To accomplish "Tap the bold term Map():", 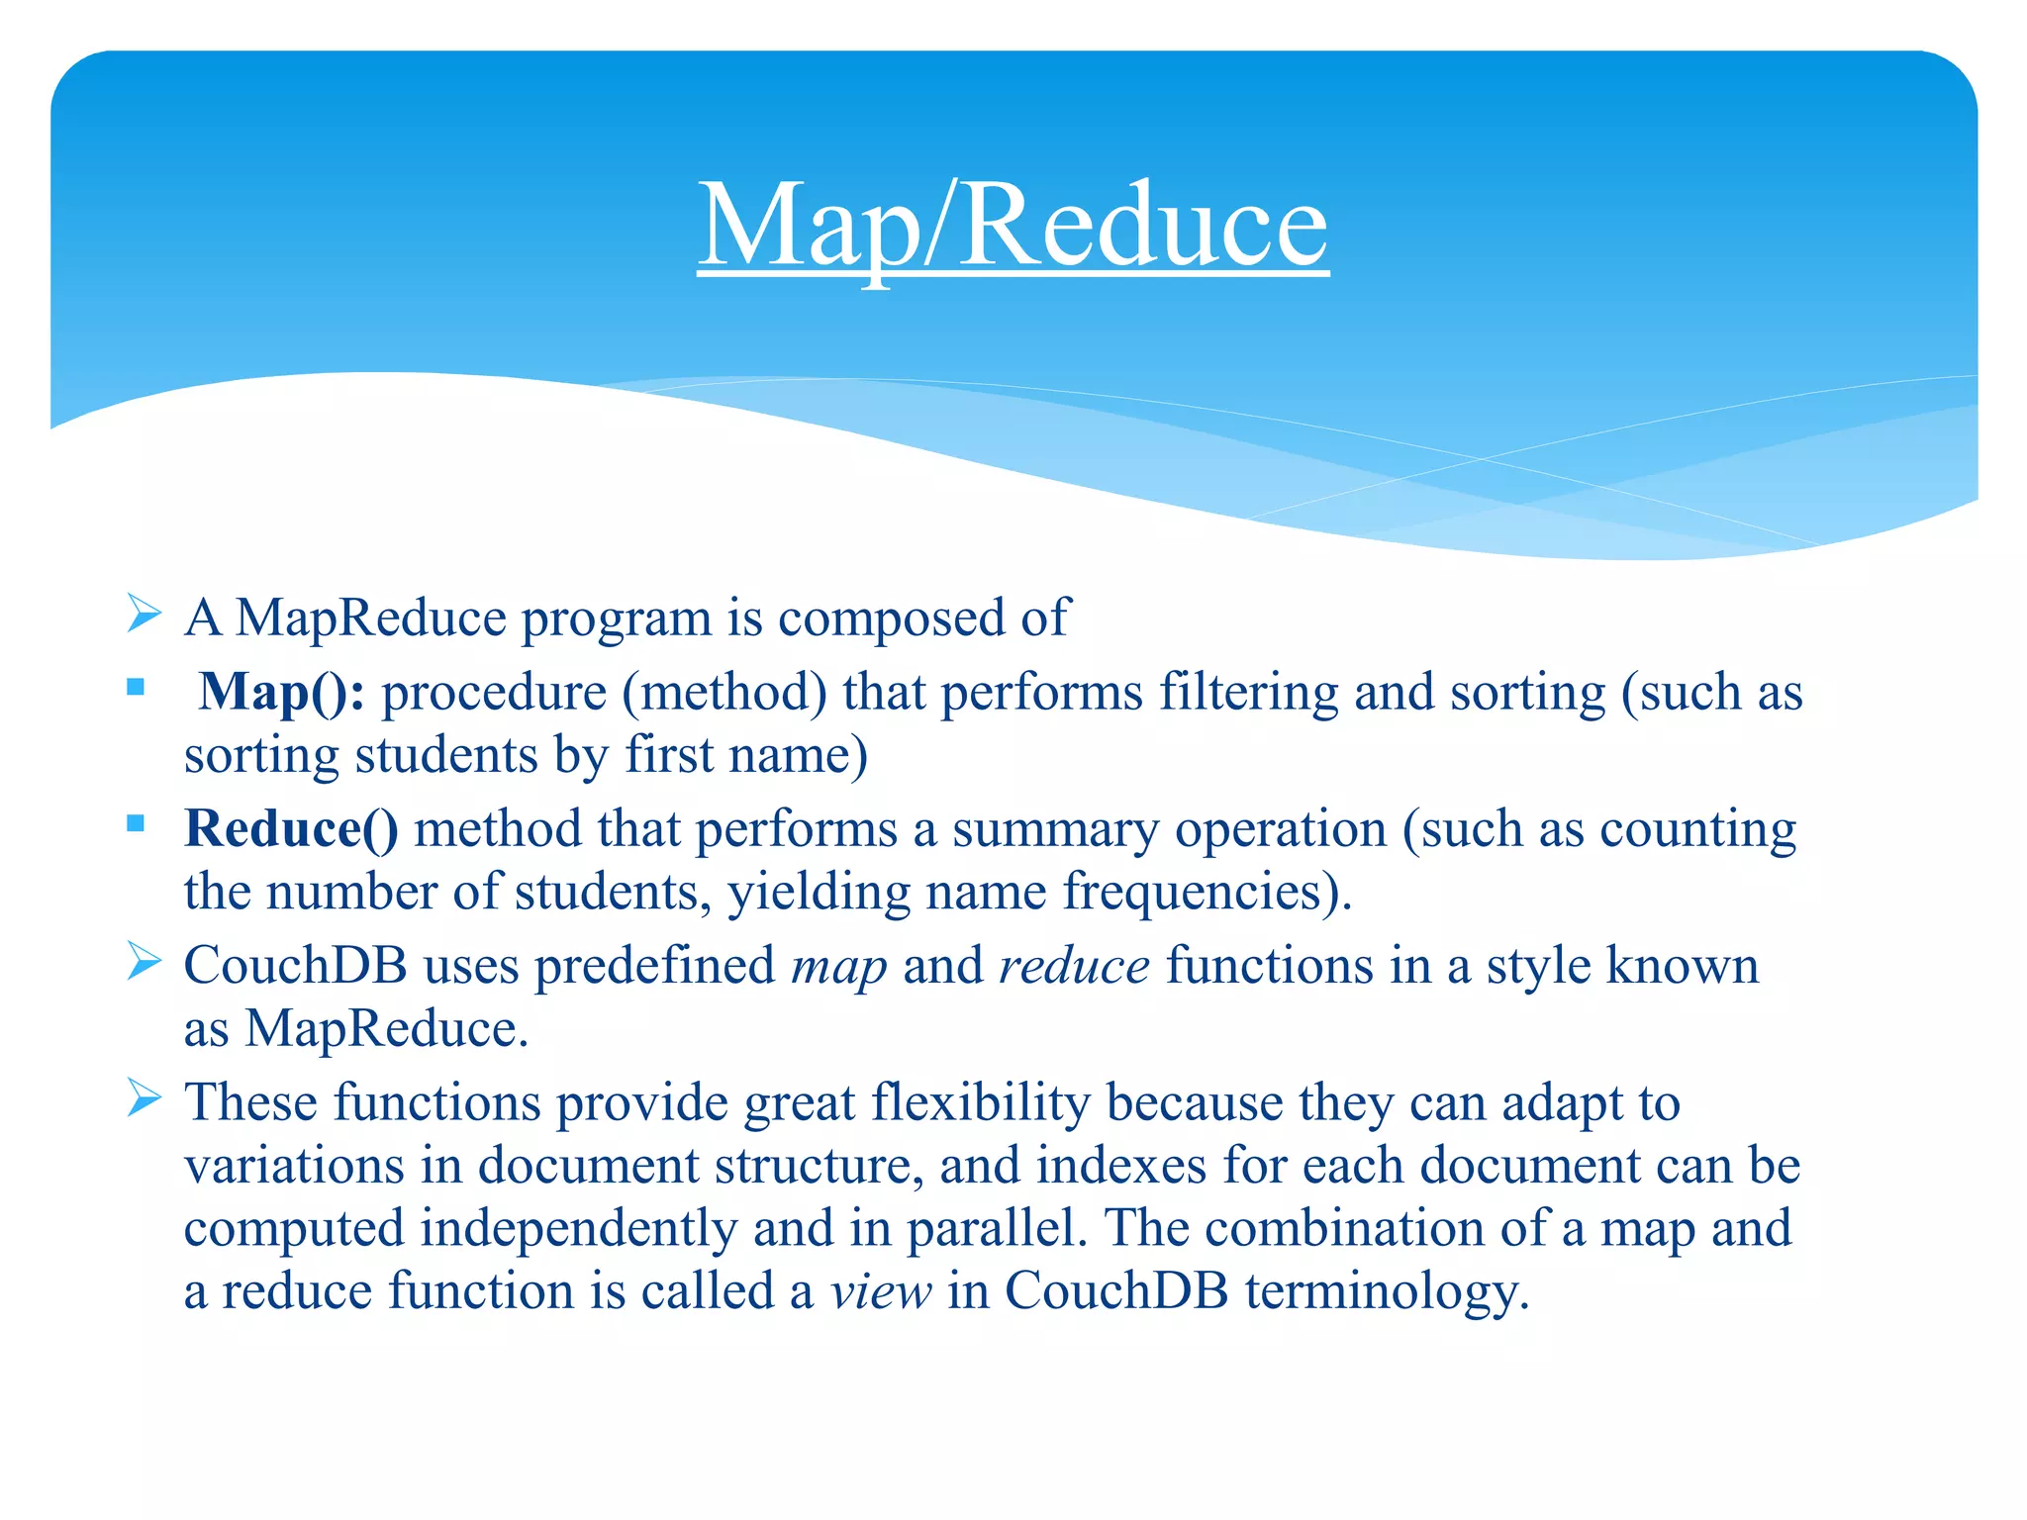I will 281,692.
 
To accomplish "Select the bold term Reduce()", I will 291,828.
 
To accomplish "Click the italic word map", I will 838,966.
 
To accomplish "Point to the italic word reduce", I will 1074,966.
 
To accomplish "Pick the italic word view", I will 880,1290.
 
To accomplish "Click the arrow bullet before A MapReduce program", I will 145,615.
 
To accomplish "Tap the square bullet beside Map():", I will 137,686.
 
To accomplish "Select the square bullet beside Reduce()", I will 137,822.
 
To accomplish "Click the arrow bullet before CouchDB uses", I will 145,962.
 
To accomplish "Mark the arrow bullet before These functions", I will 145,1098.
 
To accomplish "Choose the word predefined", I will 654,966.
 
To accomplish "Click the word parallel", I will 990,1228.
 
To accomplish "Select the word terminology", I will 1386,1292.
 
